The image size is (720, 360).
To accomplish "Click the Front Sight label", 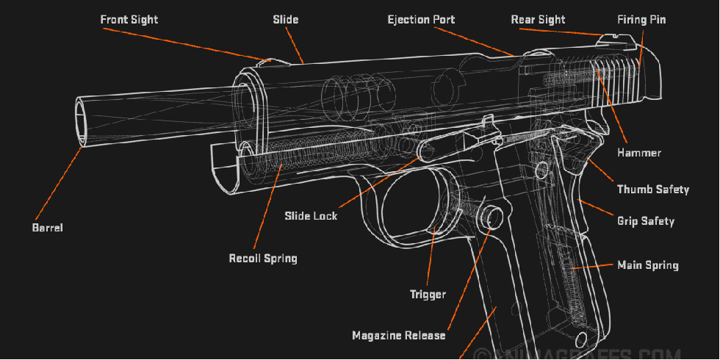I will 129,19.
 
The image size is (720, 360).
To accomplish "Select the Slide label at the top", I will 286,19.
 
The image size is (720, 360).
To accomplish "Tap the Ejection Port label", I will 421,19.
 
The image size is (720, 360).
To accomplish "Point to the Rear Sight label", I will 538,19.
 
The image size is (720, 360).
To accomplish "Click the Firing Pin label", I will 642,19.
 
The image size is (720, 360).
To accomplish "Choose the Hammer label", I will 639,153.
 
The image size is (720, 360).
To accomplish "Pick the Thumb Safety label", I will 652,190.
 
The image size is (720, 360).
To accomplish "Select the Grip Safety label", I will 645,220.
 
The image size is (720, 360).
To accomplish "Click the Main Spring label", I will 647,264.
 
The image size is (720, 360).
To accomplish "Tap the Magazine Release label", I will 398,335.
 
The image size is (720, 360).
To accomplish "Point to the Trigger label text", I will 428,295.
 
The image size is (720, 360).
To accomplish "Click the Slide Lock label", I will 311,216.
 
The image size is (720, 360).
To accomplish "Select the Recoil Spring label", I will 262,258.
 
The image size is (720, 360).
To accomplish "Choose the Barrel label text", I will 47,228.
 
